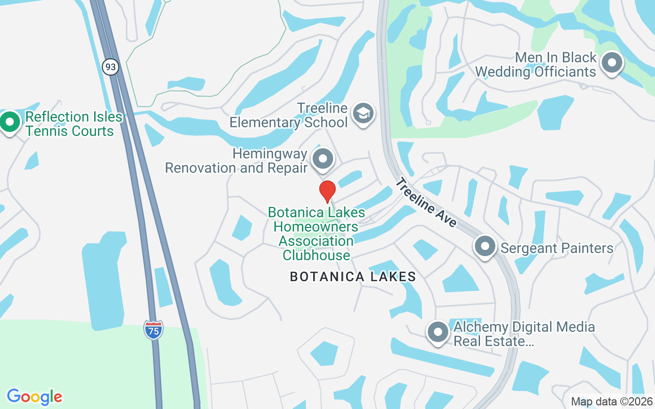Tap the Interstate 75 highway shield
coord(153,330)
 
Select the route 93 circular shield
coord(110,66)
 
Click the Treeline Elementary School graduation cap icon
coord(363,113)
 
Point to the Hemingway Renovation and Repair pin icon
coord(323,159)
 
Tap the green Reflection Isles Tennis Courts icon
coord(9,122)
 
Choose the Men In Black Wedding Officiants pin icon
coord(612,63)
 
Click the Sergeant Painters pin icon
coord(485,247)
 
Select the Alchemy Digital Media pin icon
coord(438,332)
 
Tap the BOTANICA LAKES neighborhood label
coord(353,277)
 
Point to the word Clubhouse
coord(317,255)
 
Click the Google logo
coord(34,397)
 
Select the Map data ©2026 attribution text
coord(612,401)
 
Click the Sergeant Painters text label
coord(557,248)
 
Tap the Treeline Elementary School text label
coord(289,116)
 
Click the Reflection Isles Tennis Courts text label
coord(74,124)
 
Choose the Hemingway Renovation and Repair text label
coord(236,161)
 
